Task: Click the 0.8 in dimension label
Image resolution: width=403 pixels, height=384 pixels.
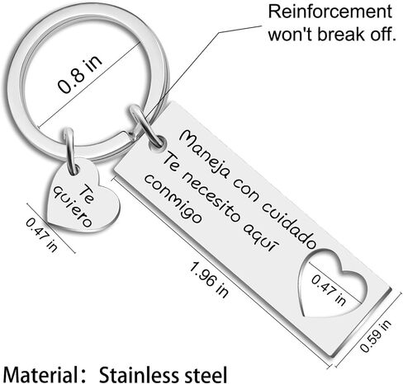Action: pyautogui.click(x=80, y=74)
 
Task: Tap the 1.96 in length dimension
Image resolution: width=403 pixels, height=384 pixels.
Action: pyautogui.click(x=209, y=279)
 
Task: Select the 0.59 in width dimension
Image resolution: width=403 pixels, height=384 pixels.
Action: pyautogui.click(x=376, y=336)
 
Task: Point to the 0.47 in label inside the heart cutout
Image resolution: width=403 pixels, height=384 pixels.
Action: pyautogui.click(x=329, y=290)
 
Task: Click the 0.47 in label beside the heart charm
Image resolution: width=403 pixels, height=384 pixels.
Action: pyautogui.click(x=41, y=235)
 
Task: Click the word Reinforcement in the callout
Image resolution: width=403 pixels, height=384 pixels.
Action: pyautogui.click(x=330, y=12)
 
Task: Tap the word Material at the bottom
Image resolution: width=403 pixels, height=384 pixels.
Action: pyautogui.click(x=40, y=375)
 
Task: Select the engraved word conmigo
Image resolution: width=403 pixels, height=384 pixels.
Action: pyautogui.click(x=173, y=199)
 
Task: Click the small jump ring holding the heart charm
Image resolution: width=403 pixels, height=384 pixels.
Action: pyautogui.click(x=70, y=152)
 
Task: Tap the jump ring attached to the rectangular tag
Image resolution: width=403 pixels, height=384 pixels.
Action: pyautogui.click(x=146, y=125)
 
